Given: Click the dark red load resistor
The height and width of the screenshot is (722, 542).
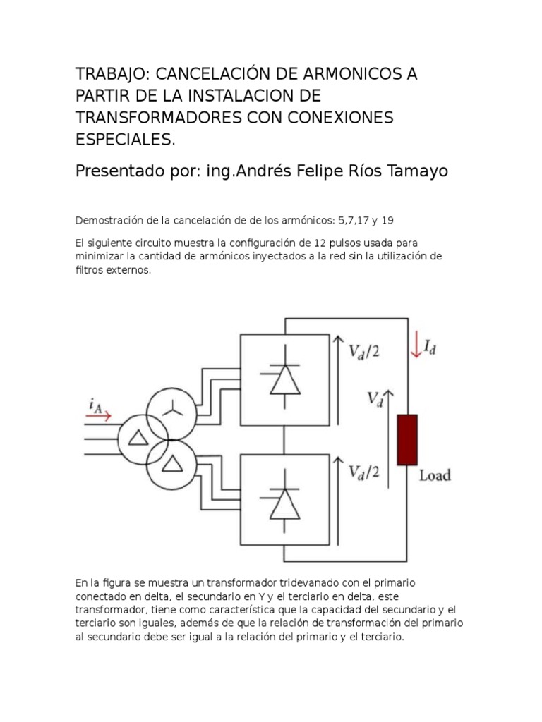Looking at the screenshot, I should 407,440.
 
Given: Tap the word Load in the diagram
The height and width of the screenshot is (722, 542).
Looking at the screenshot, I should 435,475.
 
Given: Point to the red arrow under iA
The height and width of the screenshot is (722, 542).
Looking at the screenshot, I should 98,416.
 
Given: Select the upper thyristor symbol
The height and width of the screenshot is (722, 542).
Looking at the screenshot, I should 285,379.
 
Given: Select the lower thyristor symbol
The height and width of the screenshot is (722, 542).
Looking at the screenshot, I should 285,501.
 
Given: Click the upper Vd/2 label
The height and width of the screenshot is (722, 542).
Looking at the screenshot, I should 363,352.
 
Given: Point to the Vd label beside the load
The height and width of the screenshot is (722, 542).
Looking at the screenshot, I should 374,399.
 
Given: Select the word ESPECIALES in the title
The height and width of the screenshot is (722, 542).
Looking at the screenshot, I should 124,139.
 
